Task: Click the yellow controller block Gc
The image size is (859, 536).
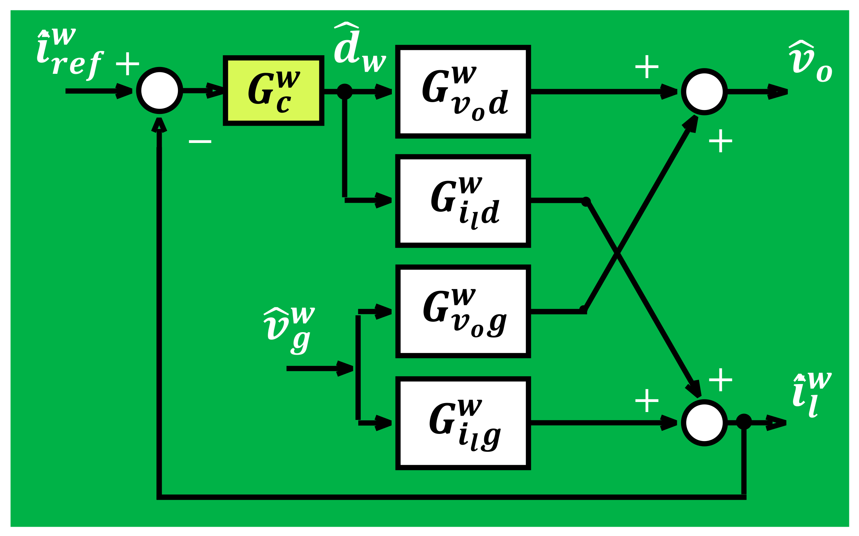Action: coord(274,90)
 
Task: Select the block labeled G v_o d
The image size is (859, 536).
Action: coord(463,92)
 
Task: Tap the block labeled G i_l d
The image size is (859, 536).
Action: coord(463,201)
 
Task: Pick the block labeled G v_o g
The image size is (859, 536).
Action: coord(463,311)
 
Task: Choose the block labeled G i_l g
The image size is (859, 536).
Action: coord(463,423)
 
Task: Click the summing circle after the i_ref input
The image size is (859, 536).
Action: coord(160,91)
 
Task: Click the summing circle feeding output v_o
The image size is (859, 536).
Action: coord(704,92)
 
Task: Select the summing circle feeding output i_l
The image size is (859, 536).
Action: coord(704,423)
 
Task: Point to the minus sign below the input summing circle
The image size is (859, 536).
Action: coord(200,142)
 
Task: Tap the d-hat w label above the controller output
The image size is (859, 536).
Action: coord(358,48)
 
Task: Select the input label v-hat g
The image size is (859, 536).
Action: coord(288,330)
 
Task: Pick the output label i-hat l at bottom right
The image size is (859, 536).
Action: coord(811,394)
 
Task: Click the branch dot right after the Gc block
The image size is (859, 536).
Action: coord(345,92)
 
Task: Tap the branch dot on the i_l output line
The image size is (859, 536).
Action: coord(744,422)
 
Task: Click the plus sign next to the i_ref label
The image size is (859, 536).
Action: coord(127,64)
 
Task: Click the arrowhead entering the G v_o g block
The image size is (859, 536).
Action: coord(383,312)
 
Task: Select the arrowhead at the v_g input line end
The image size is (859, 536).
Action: coord(345,369)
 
